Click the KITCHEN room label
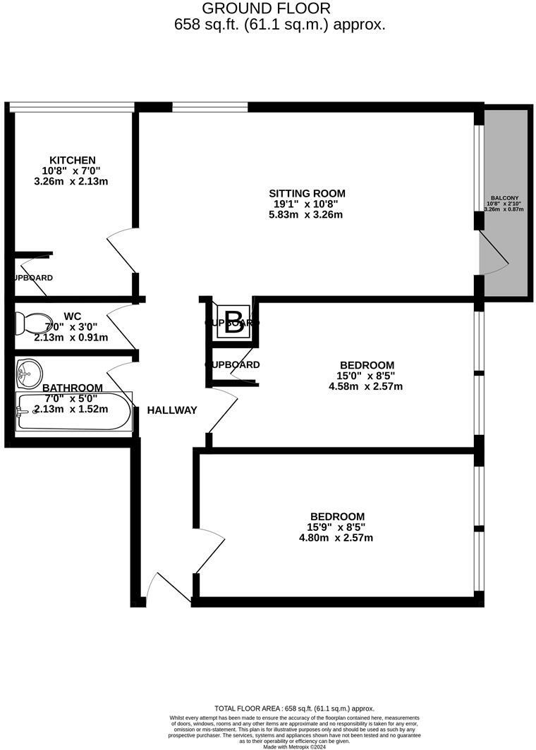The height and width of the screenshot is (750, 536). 72,160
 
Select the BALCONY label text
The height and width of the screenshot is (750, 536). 505,199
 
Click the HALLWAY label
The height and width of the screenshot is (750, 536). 171,410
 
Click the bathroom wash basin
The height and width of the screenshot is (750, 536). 30,372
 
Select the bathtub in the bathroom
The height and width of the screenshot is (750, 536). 74,412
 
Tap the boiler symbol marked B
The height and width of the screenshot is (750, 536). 233,322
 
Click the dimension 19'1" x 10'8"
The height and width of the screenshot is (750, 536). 307,204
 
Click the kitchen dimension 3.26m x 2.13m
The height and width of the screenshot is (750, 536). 72,181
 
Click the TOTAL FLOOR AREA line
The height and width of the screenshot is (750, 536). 294,708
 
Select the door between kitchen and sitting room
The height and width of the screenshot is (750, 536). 121,250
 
